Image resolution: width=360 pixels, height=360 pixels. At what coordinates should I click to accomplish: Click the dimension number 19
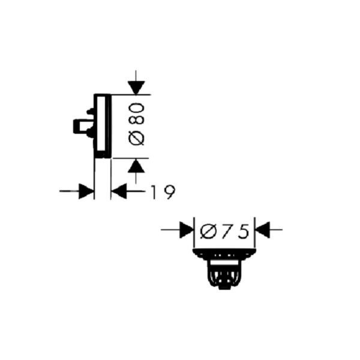coord(162,192)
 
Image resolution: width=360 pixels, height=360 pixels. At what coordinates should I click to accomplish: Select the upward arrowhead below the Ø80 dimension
coord(137,165)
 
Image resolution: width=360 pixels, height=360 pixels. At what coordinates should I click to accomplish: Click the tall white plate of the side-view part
coord(102,126)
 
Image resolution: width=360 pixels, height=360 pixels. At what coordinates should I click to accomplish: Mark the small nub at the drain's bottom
coord(224,287)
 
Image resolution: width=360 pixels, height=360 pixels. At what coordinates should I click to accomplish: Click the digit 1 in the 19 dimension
coord(154,192)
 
